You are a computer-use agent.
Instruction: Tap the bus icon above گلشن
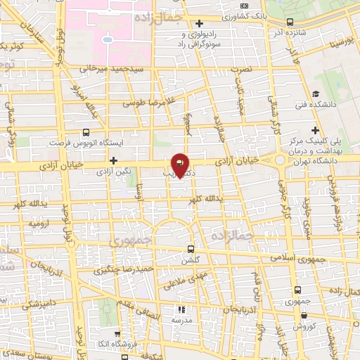(191, 249)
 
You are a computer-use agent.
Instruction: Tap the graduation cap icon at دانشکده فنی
(316, 94)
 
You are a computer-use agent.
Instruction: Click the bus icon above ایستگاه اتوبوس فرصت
(86, 131)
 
